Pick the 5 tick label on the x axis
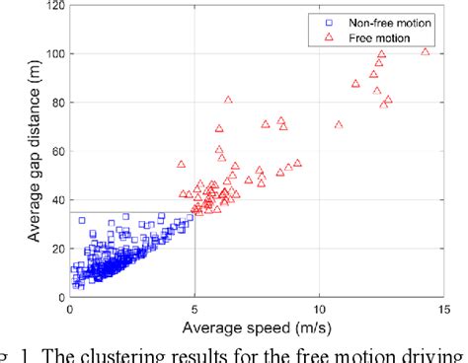194,309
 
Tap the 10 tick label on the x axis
318,309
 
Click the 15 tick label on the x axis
442,309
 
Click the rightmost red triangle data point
427,51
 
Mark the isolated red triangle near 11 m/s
339,125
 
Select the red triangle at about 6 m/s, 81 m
228,100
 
